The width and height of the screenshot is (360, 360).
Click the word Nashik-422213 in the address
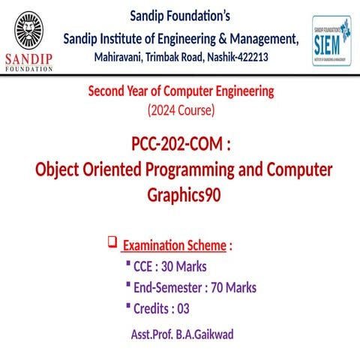pos(236,57)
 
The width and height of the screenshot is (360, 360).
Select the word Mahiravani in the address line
pos(123,57)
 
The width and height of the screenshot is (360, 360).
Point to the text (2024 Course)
pos(180,110)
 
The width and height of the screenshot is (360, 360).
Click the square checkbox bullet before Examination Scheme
pos(112,241)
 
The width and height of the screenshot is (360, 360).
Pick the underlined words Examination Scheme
pos(174,245)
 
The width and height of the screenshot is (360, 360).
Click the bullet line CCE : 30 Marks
pos(169,266)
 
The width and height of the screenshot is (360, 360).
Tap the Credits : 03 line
pos(161,308)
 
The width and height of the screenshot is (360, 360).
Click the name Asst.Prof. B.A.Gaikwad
pos(181,334)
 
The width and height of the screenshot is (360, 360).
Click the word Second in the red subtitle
pos(108,92)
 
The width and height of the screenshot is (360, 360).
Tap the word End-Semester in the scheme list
pos(163,287)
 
